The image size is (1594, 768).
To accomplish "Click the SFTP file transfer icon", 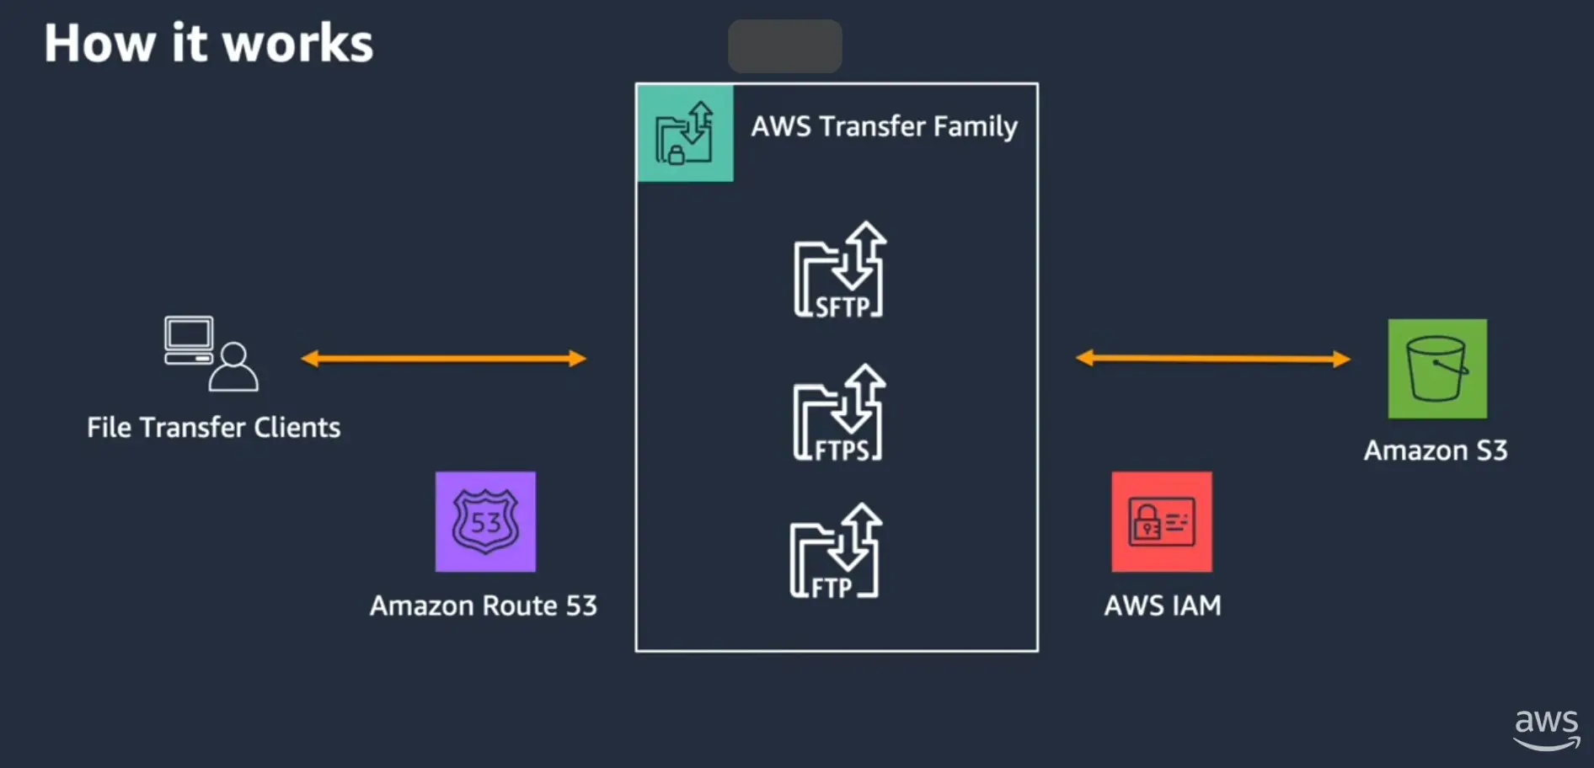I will (839, 271).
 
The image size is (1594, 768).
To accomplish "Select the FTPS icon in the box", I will (838, 413).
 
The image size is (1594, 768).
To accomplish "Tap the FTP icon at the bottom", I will (835, 552).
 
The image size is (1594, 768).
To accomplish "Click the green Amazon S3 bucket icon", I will (1437, 369).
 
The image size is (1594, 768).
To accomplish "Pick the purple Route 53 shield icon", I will (485, 521).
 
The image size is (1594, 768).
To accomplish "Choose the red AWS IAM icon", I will (1162, 521).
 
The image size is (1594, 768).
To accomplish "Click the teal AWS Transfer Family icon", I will (685, 133).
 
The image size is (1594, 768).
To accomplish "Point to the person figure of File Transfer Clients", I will (233, 367).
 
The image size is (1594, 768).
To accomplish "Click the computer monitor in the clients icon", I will (189, 336).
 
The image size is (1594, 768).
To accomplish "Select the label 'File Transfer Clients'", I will (214, 428).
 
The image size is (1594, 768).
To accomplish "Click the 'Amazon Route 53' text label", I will (484, 605).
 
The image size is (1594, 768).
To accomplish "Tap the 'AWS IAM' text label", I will (1163, 605).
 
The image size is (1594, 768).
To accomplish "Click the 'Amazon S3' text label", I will (1436, 451).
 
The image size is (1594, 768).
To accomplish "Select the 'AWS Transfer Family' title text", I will (884, 126).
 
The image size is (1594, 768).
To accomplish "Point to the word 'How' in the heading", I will (99, 44).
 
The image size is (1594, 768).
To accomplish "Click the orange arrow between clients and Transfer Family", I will (443, 359).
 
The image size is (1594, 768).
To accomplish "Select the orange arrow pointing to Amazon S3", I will (1213, 359).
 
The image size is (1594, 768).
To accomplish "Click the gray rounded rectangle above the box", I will (784, 46).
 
